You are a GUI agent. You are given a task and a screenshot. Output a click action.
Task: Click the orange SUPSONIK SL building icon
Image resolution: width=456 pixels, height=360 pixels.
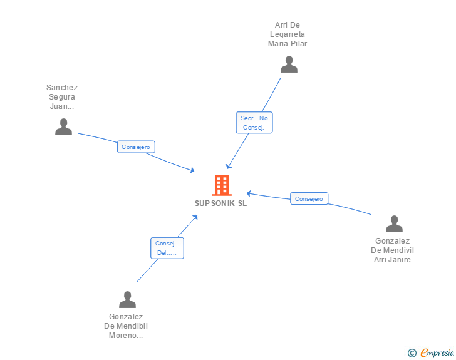[221, 185]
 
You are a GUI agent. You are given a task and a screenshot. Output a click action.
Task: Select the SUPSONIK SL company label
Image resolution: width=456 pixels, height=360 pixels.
[220, 203]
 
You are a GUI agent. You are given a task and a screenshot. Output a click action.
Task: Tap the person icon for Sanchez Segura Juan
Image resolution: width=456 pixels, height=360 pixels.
[63, 127]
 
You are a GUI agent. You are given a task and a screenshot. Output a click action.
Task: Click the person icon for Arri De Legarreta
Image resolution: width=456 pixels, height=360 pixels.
[289, 64]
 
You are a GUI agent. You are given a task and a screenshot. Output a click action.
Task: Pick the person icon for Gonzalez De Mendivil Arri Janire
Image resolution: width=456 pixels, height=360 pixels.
[394, 224]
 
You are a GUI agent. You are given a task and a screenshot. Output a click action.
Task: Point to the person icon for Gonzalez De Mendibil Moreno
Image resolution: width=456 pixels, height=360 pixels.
[127, 299]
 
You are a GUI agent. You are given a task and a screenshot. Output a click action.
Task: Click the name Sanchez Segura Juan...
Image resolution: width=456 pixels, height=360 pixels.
[62, 97]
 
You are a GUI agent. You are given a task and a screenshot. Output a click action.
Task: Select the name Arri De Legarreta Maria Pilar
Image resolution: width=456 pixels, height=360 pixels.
[288, 34]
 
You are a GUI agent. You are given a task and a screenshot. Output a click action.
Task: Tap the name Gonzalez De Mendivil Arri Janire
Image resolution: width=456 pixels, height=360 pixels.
[392, 250]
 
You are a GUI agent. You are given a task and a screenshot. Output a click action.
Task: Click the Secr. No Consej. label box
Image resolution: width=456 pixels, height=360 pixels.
[254, 123]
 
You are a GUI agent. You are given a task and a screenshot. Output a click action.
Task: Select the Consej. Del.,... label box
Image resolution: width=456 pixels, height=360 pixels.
[167, 248]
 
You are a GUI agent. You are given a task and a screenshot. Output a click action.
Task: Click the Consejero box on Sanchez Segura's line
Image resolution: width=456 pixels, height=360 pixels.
[136, 147]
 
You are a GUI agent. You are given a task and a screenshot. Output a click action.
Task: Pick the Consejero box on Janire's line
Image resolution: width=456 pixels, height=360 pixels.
[309, 198]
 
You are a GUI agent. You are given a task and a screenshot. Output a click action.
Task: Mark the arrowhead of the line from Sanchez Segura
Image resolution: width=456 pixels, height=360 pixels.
[192, 170]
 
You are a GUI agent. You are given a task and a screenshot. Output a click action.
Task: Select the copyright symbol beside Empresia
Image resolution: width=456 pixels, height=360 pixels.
[412, 353]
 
